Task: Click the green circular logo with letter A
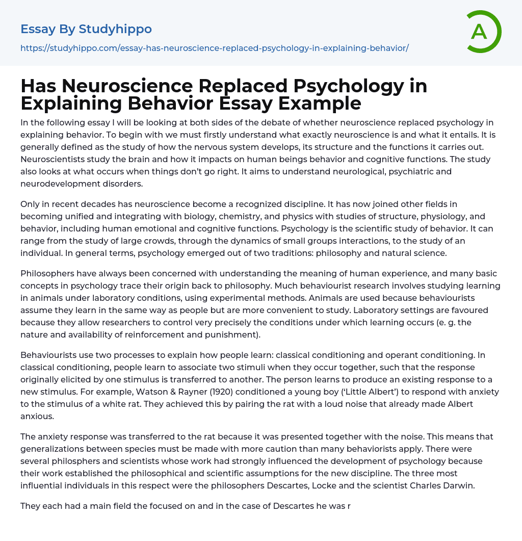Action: click(x=483, y=32)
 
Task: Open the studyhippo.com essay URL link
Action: click(x=215, y=48)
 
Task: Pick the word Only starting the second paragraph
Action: click(x=30, y=204)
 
